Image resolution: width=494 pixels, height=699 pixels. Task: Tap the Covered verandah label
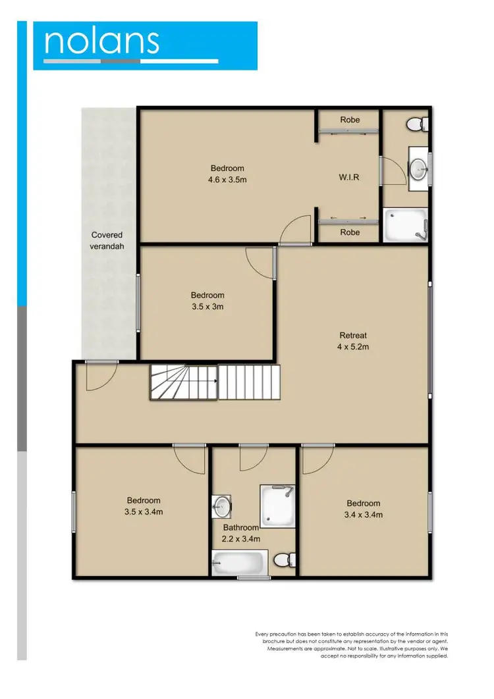pyautogui.click(x=107, y=240)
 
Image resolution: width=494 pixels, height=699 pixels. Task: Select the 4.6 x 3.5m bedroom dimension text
pyautogui.click(x=228, y=179)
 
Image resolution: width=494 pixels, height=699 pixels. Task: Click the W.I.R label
pyautogui.click(x=348, y=177)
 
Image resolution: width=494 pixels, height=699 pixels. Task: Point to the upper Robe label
pyautogui.click(x=350, y=120)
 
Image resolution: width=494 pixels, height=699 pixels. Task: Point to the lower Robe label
pyautogui.click(x=350, y=232)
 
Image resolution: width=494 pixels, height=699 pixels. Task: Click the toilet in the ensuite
pyautogui.click(x=418, y=124)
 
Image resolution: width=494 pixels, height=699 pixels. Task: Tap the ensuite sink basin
pyautogui.click(x=418, y=168)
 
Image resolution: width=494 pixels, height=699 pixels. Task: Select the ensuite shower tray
pyautogui.click(x=405, y=224)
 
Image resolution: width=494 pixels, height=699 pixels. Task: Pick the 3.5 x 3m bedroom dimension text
pyautogui.click(x=207, y=306)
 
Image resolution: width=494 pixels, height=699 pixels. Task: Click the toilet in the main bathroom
pyautogui.click(x=282, y=560)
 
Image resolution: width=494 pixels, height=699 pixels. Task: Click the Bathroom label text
pyautogui.click(x=240, y=527)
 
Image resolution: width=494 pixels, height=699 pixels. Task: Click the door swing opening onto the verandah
pyautogui.click(x=97, y=375)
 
